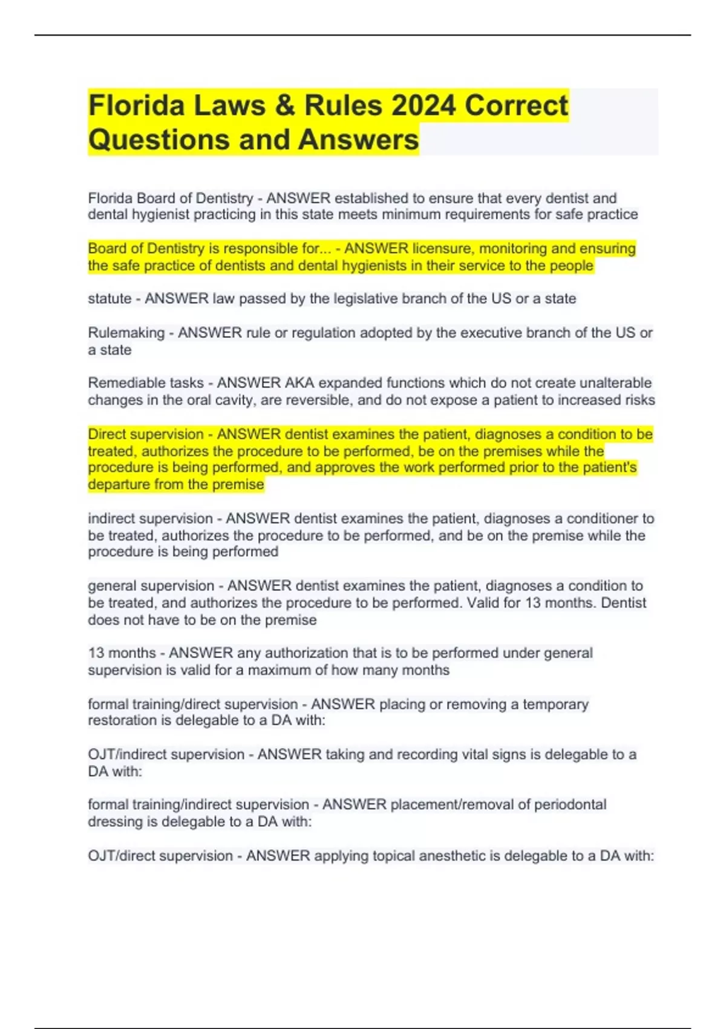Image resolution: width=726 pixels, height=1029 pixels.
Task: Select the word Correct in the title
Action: [516, 105]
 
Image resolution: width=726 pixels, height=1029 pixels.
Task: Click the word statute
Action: [110, 298]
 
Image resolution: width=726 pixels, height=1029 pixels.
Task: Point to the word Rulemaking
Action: [126, 332]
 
